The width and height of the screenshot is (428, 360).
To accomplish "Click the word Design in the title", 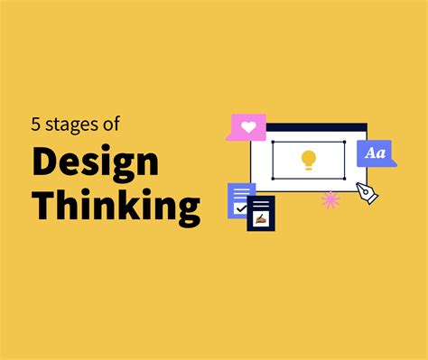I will pos(96,163).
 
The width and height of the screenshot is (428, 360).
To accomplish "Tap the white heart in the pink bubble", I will pos(247,126).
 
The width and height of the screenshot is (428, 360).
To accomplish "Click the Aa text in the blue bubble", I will pos(376,153).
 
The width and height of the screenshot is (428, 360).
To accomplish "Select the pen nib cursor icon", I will pos(368,192).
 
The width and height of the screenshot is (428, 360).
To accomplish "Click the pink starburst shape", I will pos(330,198).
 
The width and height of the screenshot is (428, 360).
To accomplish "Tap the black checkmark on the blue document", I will pos(240,208).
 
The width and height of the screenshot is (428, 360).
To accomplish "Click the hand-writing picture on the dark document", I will pos(261,217).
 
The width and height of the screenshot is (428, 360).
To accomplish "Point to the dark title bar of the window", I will pos(308,127).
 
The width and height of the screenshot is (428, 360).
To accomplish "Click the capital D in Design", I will pos(45,163).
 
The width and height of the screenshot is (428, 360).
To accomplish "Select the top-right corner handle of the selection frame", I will pos(344,142).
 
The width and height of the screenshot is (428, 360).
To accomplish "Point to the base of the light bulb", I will pos(308,167).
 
